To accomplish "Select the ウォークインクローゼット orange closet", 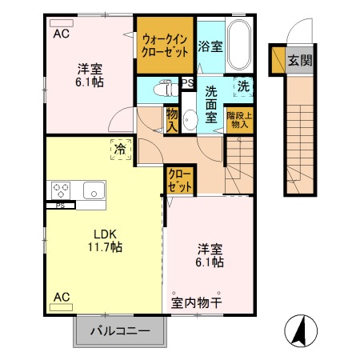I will coord(165,44).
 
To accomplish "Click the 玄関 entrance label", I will coord(300,60).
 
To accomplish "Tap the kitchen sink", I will coord(92,190).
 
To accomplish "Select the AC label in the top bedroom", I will coord(62,34).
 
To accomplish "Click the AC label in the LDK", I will coord(62,298).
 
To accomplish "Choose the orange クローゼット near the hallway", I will coord(180,180).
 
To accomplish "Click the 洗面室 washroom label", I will coord(213,104).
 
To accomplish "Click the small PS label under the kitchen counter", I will coord(60,206).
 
